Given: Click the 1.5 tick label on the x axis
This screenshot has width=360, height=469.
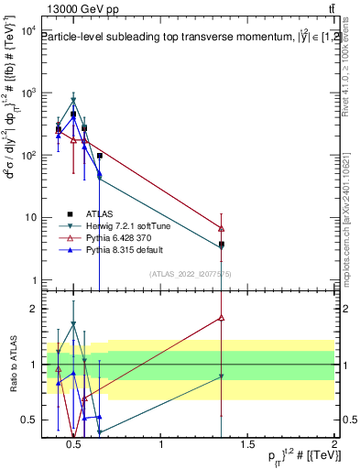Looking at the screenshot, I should [247, 445].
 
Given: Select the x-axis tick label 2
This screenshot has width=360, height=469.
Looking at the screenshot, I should [334, 445].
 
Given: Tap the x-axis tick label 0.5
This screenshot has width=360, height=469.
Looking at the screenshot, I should [75, 445].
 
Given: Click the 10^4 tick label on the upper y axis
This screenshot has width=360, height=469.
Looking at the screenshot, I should [27, 31].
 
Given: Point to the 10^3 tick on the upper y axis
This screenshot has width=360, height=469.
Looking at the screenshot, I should [27, 93].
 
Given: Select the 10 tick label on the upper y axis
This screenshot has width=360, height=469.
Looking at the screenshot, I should [30, 218].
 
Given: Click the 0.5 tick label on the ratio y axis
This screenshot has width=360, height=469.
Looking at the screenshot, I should [27, 420].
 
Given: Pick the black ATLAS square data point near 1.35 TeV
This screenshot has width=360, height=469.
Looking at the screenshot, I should [222, 245].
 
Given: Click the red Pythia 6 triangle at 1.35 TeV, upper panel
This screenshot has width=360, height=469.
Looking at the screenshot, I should [222, 228].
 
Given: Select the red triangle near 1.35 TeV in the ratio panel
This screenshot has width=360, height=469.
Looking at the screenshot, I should [222, 318].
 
